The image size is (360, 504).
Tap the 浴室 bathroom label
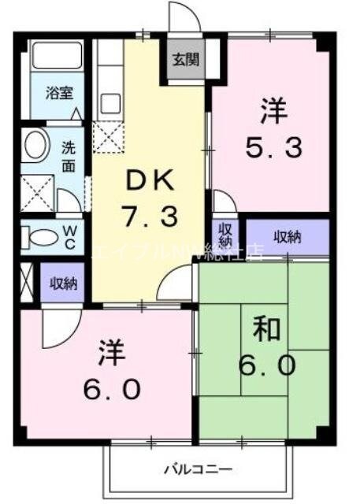click(58, 91)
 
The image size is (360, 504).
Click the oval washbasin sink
click(35, 146)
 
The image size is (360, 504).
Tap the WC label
click(69, 235)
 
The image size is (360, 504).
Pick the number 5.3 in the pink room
click(271, 147)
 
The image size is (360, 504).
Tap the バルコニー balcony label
click(198, 470)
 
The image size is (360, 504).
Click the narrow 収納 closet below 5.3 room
click(226, 235)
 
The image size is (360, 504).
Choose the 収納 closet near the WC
click(63, 283)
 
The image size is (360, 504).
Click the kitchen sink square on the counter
click(110, 103)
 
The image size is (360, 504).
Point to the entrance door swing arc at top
click(178, 17)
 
